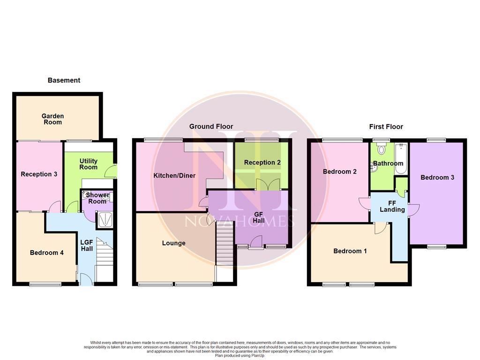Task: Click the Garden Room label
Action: [x=52, y=119]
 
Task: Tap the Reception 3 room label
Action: [x=39, y=174]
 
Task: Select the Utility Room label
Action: [x=88, y=164]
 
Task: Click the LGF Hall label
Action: [x=87, y=245]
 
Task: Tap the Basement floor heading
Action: [x=64, y=80]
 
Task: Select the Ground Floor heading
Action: [x=211, y=127]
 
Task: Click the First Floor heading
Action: [x=386, y=127]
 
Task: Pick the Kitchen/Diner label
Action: [x=174, y=176]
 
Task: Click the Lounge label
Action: [x=173, y=243]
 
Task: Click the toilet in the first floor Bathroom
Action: [x=381, y=150]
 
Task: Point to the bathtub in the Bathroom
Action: [x=401, y=159]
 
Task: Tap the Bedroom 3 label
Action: [x=437, y=178]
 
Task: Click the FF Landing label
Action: [x=392, y=207]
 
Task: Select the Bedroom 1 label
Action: [x=350, y=251]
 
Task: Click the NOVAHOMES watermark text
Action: [x=240, y=220]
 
